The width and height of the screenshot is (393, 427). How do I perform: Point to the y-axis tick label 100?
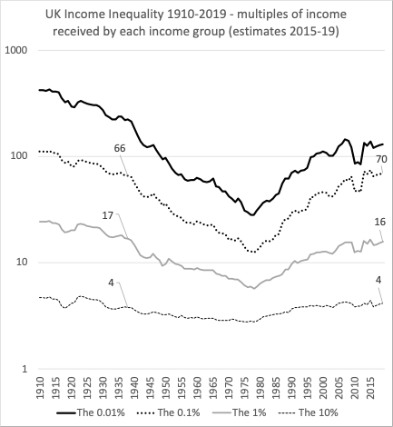click(x=20, y=155)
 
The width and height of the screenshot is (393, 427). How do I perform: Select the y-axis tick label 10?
click(x=23, y=263)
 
